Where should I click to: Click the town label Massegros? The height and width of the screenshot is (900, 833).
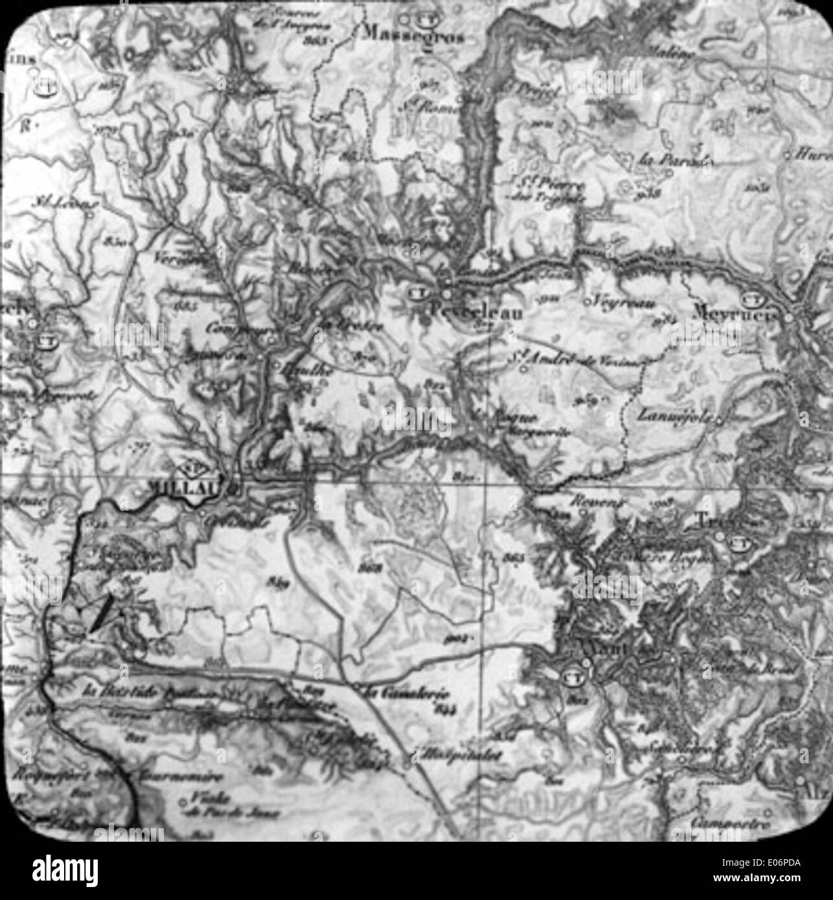tap(415, 36)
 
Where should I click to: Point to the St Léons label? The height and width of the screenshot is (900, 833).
tap(64, 203)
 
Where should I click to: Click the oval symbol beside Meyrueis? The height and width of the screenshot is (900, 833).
tap(752, 298)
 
